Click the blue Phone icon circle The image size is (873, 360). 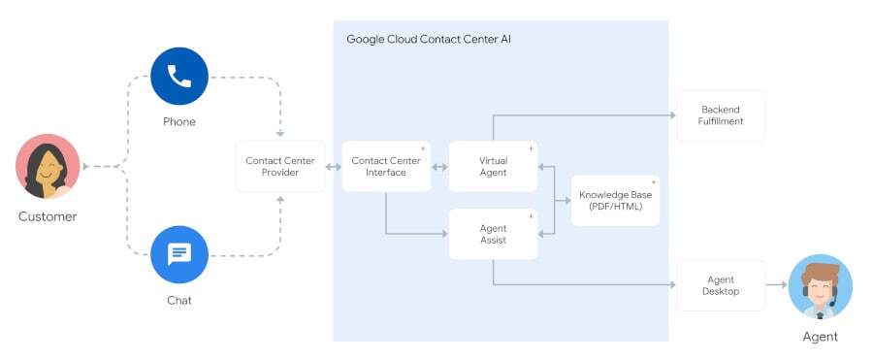(x=179, y=77)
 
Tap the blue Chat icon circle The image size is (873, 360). (x=179, y=254)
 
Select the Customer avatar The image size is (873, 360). (x=48, y=166)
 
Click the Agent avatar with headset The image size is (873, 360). (x=820, y=286)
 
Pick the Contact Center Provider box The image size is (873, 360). (x=280, y=167)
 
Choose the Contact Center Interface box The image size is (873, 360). (x=386, y=167)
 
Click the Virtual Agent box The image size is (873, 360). (x=494, y=167)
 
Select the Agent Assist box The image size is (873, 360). (x=494, y=234)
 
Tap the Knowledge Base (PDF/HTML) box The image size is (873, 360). (x=615, y=201)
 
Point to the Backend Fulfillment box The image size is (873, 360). (x=721, y=115)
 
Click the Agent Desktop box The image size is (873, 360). (x=721, y=285)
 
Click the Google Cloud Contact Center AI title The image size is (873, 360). (x=429, y=40)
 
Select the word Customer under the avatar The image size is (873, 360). (x=48, y=216)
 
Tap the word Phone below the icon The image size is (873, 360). (x=179, y=121)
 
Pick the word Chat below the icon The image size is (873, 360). (x=179, y=301)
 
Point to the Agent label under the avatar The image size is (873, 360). (x=820, y=337)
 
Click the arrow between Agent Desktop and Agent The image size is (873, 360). (x=776, y=284)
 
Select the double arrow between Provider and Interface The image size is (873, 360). (x=333, y=167)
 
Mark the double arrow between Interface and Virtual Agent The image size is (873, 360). (x=439, y=167)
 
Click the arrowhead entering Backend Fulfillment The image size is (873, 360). (x=672, y=115)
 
